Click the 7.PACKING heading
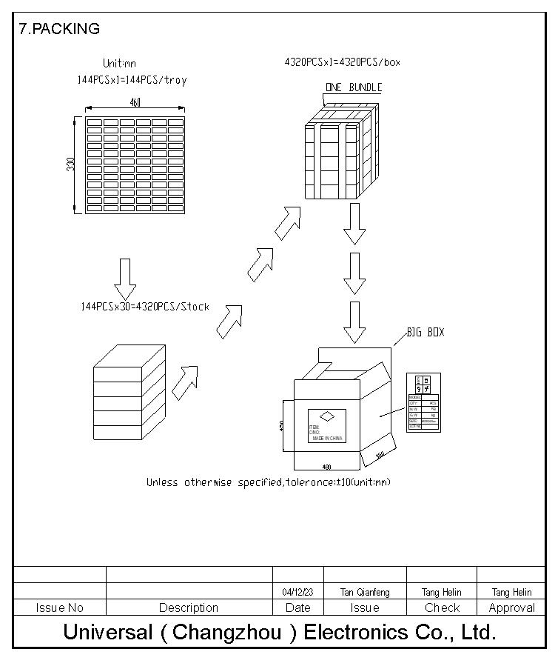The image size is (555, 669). (59, 29)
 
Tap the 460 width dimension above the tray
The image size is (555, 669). (135, 103)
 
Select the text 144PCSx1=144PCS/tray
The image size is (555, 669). (132, 79)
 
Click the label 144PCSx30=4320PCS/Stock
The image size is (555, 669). (145, 307)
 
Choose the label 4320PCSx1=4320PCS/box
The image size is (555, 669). (342, 62)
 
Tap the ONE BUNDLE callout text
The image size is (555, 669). (354, 87)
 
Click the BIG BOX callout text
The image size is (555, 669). (425, 333)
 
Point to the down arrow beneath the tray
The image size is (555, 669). (125, 279)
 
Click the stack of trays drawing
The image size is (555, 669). (127, 394)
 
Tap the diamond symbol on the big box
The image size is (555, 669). (326, 416)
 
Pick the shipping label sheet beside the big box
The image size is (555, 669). (423, 402)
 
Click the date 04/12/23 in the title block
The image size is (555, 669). (297, 592)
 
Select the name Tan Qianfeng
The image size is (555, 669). (365, 592)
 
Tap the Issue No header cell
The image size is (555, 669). (60, 608)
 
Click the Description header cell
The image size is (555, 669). (189, 608)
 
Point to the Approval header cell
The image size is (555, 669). (511, 608)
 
